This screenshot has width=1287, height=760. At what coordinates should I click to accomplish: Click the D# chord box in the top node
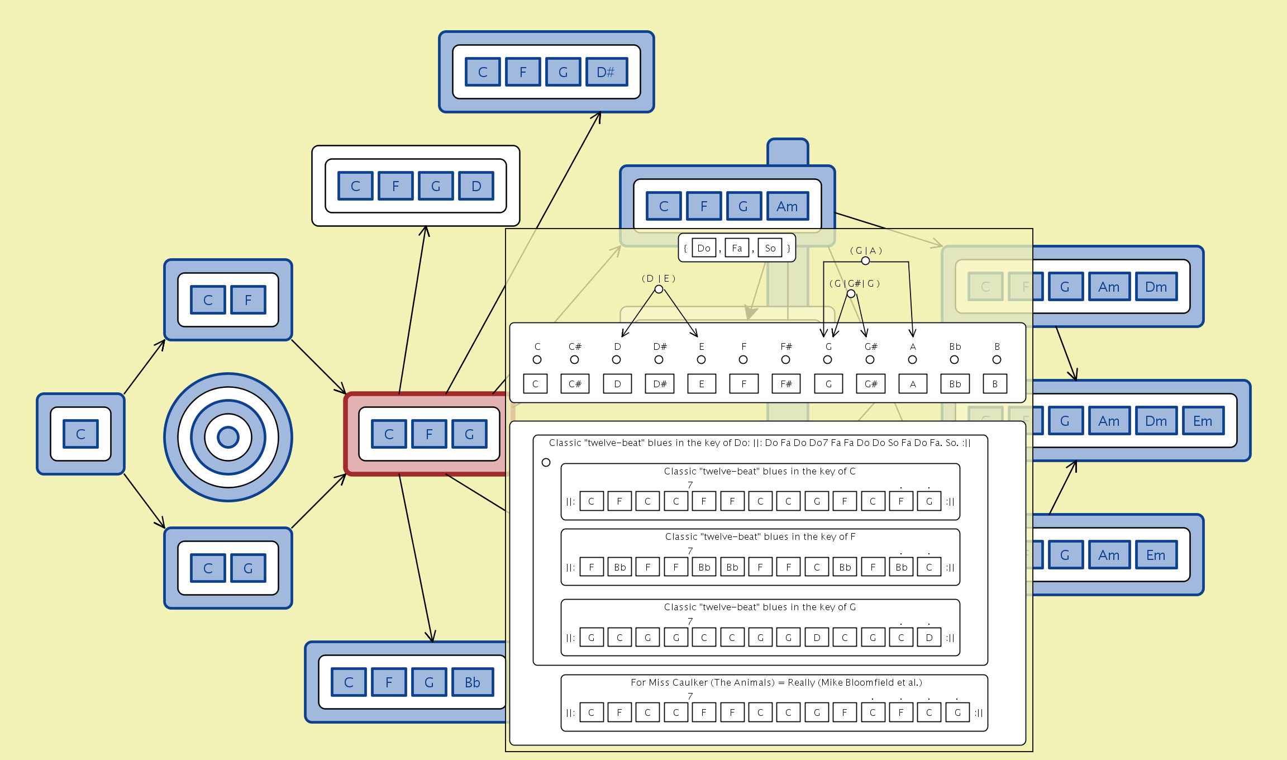[x=606, y=72]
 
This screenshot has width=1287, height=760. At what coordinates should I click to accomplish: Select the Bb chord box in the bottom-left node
[x=473, y=682]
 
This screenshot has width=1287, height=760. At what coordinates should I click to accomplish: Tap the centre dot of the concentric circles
[x=228, y=437]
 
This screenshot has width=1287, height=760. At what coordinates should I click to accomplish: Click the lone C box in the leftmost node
[x=80, y=434]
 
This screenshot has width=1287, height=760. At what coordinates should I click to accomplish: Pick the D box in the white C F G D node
[x=476, y=186]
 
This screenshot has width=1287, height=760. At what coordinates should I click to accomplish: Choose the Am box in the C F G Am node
[x=787, y=206]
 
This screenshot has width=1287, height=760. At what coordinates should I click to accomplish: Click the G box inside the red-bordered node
[x=469, y=434]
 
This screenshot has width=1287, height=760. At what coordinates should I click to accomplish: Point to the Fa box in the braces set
[x=737, y=248]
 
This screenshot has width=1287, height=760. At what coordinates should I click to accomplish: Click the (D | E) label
[x=659, y=278]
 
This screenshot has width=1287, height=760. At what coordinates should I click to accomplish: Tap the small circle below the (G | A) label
[x=865, y=261]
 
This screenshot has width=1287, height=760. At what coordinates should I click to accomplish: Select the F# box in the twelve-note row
[x=786, y=384]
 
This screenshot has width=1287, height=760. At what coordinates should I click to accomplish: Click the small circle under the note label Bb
[x=955, y=360]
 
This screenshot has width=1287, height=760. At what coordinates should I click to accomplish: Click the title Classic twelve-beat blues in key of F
[x=760, y=536]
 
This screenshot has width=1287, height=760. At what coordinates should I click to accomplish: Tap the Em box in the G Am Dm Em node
[x=1203, y=421]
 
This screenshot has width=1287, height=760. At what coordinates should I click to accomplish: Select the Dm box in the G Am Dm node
[x=1156, y=287]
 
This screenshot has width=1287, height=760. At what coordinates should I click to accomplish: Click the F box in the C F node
[x=248, y=300]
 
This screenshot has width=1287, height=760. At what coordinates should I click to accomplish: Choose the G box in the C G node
[x=248, y=568]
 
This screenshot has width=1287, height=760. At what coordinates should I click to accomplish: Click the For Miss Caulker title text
[x=776, y=682]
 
